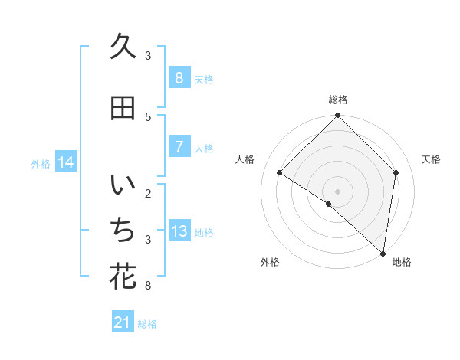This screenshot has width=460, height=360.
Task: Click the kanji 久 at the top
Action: coord(123,47)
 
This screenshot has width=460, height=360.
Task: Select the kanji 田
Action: coord(123,109)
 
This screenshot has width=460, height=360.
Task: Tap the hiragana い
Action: coord(123,186)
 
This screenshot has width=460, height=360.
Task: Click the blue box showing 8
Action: coord(179,78)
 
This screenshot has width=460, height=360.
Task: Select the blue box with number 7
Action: coord(179,147)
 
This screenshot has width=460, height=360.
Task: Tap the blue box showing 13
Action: coord(179,231)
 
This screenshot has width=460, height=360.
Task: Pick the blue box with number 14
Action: coord(66,162)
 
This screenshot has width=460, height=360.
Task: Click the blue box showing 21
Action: coord(123,323)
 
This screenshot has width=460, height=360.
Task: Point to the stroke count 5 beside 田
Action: coord(148,116)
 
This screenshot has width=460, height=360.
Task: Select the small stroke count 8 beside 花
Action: coord(148,286)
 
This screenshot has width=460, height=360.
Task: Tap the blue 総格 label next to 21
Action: coord(147,324)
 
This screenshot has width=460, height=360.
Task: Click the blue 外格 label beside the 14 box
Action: coord(41,163)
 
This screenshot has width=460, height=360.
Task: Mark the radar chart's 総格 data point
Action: coord(337,116)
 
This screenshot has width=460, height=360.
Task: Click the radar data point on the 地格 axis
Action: coord(383,253)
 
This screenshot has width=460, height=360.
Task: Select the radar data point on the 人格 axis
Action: coord(280,173)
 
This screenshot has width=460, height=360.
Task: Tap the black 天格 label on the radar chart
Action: coord(431,159)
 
